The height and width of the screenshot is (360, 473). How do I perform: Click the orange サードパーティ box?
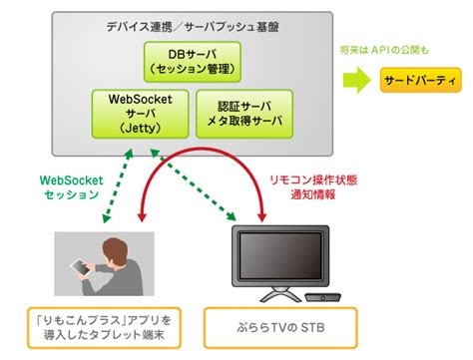point(420,80)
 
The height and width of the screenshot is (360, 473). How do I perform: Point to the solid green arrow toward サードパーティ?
point(355,80)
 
